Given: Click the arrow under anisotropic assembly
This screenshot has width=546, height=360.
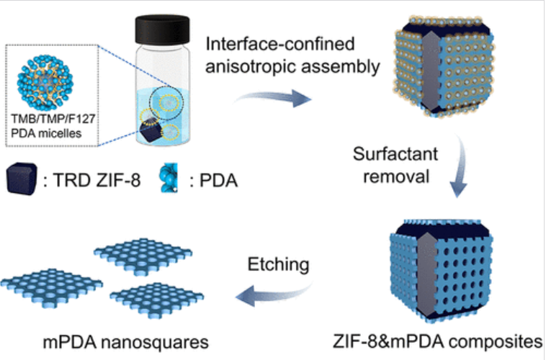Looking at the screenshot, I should click(x=276, y=99).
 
